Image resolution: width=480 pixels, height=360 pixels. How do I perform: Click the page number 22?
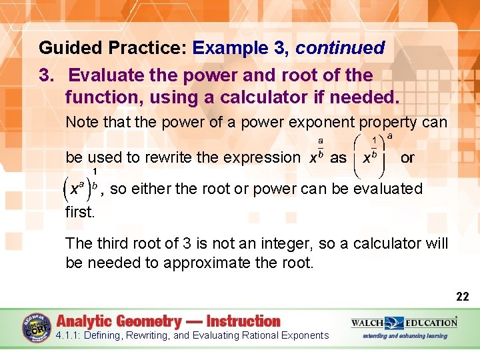tap(462, 296)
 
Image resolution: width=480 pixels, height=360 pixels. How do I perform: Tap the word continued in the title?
tap(340, 48)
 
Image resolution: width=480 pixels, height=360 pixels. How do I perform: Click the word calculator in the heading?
tap(253, 97)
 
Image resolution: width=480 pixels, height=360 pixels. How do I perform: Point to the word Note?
tap(83, 123)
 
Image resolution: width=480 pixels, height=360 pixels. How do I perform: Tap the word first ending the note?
tap(80, 212)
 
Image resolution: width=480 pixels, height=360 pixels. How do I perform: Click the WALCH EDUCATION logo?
tap(404, 323)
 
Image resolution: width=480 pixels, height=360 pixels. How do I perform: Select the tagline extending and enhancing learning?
tap(405, 335)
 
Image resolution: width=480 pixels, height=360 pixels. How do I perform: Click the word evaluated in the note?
tap(389, 189)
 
